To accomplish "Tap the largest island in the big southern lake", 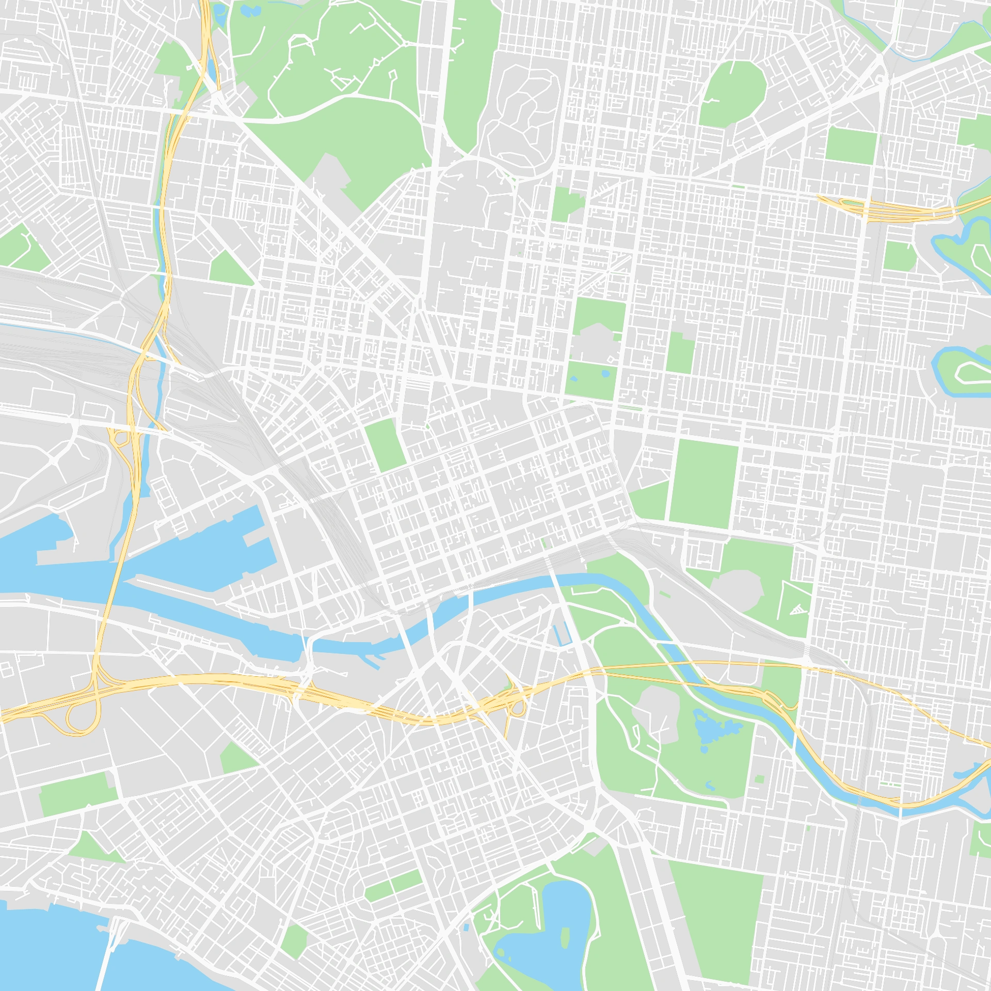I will click(x=565, y=937).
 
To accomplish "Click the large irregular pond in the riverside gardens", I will click(x=715, y=728).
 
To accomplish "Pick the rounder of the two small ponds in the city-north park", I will click(x=605, y=373).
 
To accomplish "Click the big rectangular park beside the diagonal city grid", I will click(x=703, y=483).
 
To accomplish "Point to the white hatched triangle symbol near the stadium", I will click(x=797, y=610).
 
